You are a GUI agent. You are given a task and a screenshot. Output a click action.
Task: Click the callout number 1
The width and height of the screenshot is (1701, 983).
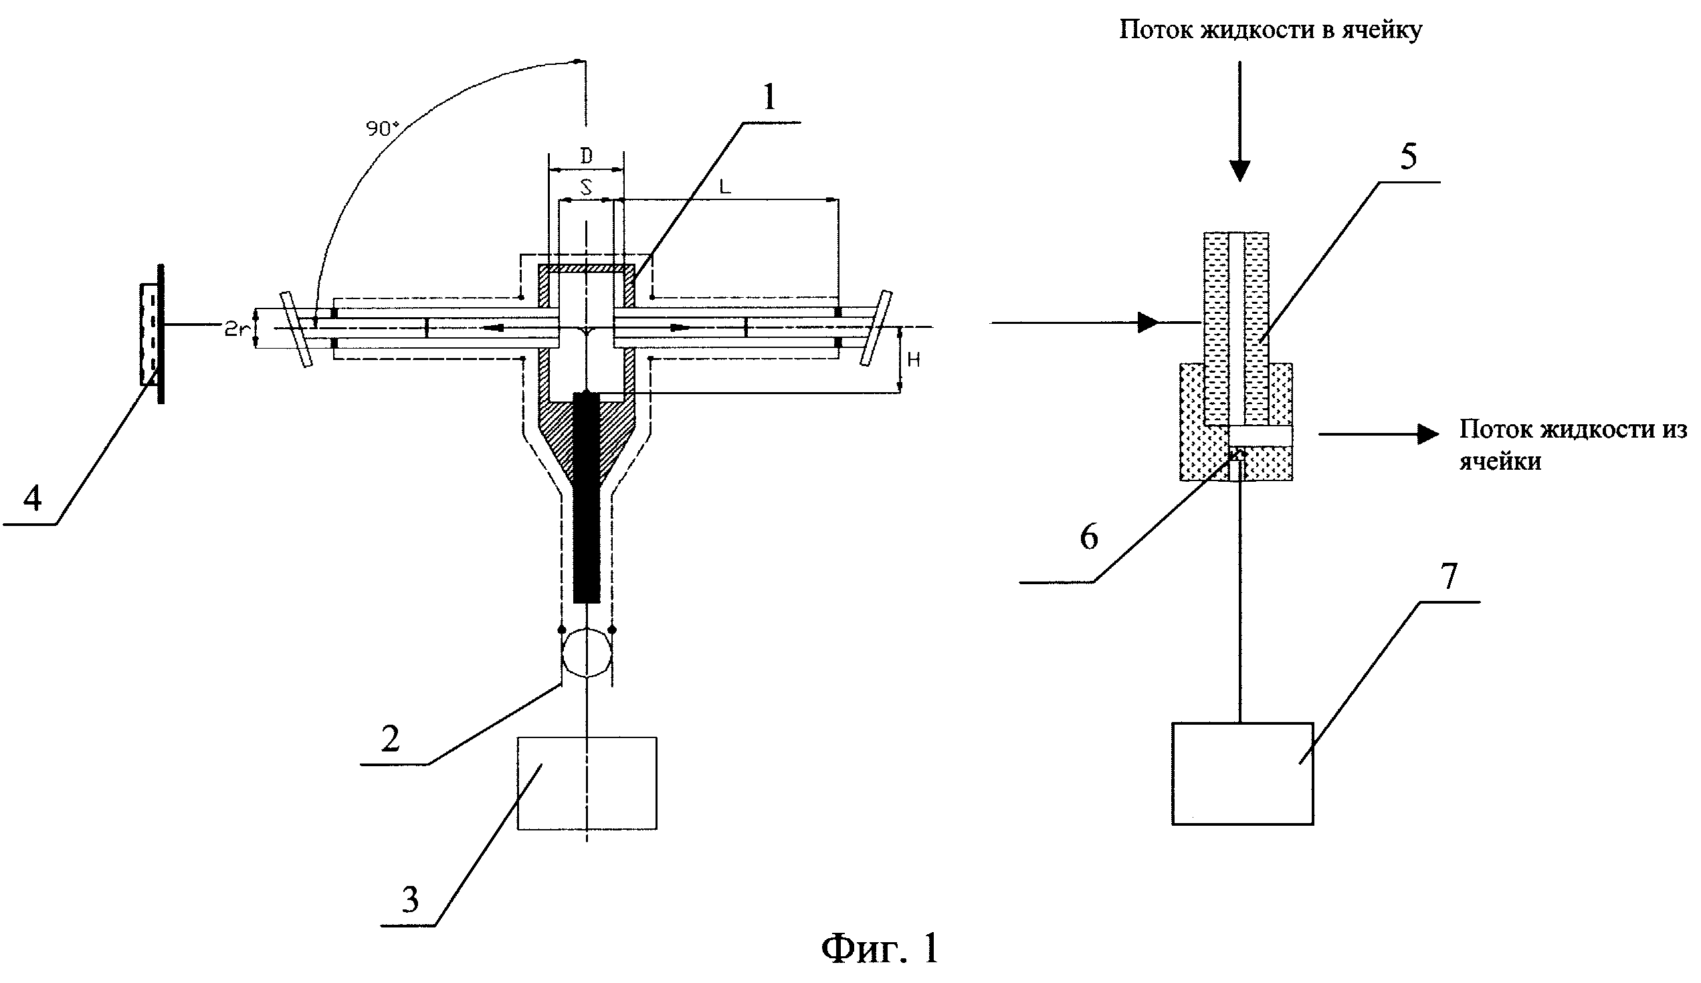click(x=769, y=98)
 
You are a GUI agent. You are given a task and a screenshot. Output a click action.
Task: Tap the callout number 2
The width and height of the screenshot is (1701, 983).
click(x=391, y=739)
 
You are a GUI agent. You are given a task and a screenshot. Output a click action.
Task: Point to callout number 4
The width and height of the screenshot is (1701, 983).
click(x=32, y=499)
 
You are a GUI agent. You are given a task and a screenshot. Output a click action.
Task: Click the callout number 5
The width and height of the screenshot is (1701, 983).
click(x=1409, y=156)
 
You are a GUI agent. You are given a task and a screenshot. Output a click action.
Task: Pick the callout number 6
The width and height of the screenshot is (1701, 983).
click(x=1089, y=537)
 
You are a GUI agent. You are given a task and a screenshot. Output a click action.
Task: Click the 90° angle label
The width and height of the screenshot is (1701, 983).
click(x=382, y=128)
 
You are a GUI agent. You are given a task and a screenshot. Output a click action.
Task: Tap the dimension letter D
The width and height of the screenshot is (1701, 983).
click(x=587, y=156)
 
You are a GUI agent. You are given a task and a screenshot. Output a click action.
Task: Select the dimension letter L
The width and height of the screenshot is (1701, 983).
click(x=724, y=187)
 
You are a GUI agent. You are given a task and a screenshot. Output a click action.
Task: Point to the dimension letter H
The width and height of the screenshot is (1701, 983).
click(x=914, y=361)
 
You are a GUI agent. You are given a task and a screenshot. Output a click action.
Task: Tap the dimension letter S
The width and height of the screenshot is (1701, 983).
click(x=587, y=187)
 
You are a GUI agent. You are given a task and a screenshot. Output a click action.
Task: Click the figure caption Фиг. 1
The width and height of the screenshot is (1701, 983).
click(x=879, y=948)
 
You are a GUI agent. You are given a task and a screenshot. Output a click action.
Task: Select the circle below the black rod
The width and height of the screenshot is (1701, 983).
click(x=587, y=653)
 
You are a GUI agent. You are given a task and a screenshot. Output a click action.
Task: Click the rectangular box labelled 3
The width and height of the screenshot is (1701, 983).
click(x=587, y=783)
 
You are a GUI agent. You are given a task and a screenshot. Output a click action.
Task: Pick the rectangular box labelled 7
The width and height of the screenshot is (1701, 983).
click(x=1242, y=774)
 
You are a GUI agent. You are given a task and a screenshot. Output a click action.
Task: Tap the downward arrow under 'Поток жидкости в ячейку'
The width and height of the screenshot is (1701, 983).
click(x=1239, y=122)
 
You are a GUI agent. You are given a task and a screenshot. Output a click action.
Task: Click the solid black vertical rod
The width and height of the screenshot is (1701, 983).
click(x=587, y=498)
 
